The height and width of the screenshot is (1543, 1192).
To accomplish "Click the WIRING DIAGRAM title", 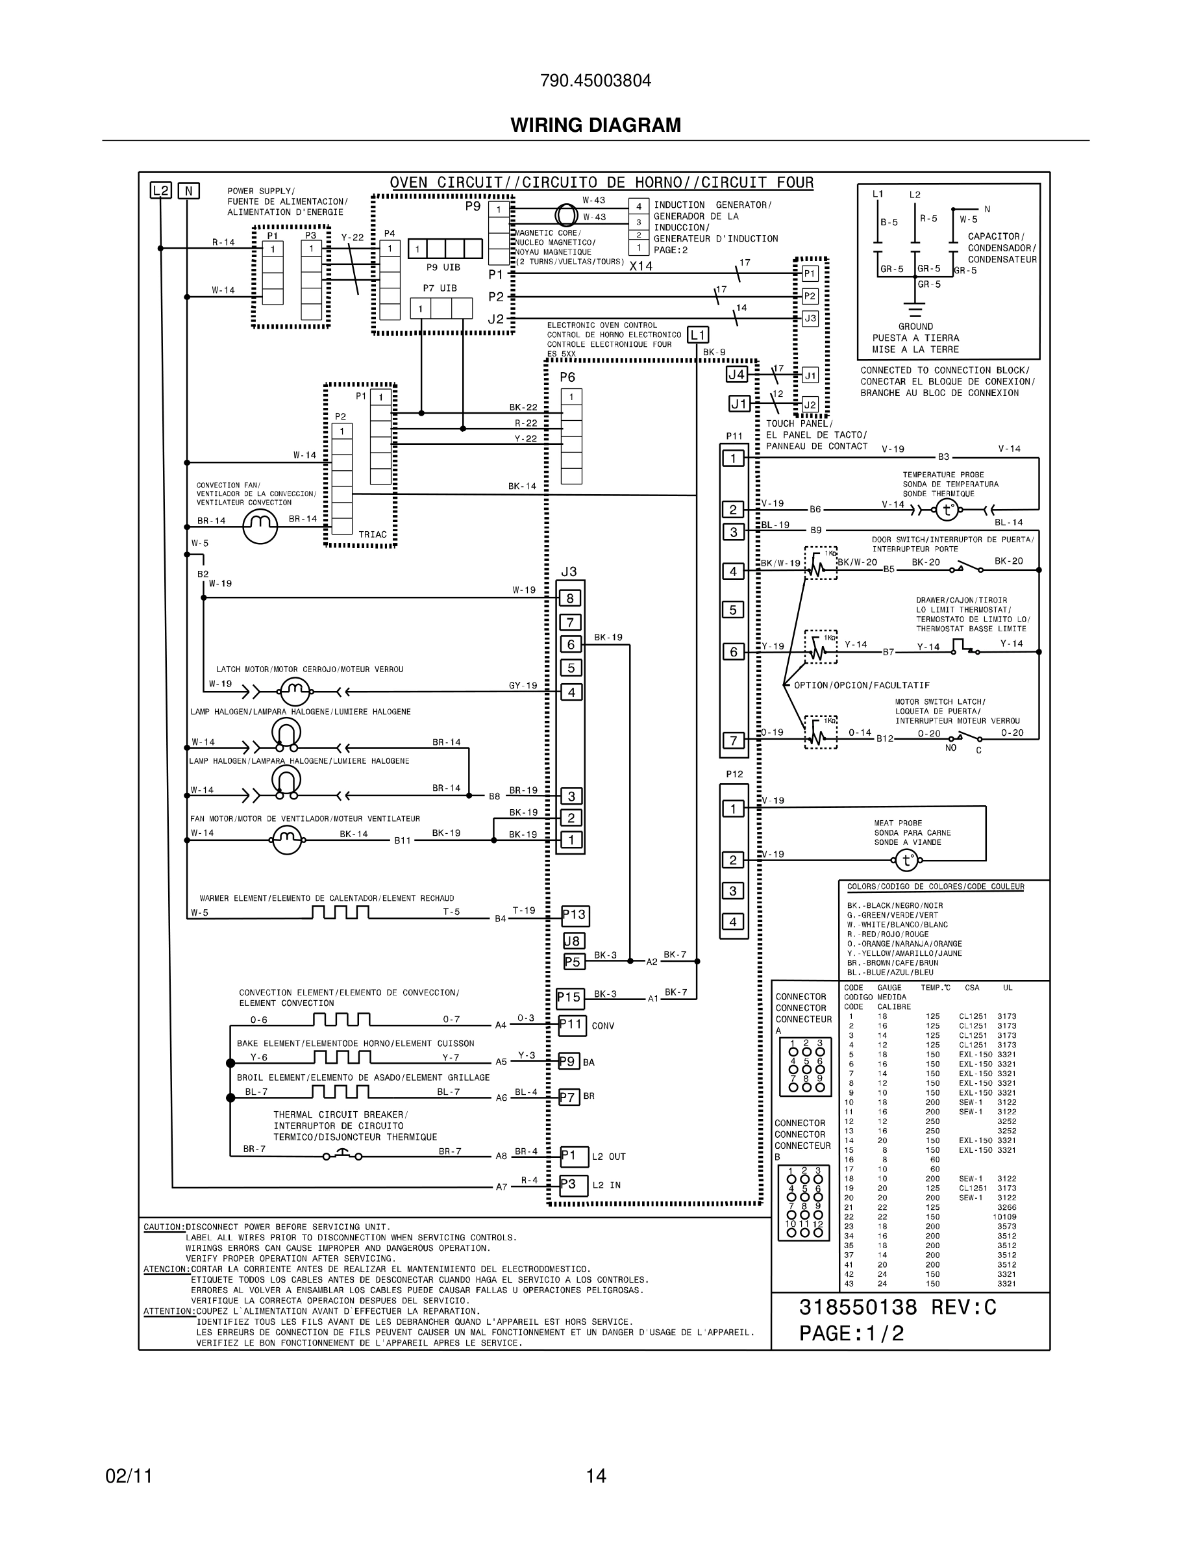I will tap(595, 125).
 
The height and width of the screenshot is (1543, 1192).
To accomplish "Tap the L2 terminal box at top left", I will tap(161, 190).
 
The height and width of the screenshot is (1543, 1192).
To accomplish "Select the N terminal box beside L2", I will tap(188, 191).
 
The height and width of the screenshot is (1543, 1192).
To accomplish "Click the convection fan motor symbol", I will tap(260, 525).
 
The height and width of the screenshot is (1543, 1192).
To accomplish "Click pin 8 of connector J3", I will tap(571, 598).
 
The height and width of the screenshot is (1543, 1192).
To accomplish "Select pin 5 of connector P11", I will tap(733, 610).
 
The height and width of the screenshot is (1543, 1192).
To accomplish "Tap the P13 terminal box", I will tap(575, 916).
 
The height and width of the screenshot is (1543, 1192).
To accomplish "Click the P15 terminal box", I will tap(569, 997).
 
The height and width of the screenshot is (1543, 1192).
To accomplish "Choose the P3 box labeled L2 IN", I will tap(573, 1185).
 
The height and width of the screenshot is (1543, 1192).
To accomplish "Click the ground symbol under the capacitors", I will tap(915, 310).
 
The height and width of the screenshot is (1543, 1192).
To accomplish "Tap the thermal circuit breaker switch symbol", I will tap(343, 1156).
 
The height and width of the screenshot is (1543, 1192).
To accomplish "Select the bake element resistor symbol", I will tap(341, 1058).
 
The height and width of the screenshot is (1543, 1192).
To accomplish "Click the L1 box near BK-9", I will tap(698, 335).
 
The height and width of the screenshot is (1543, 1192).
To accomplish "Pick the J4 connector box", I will tap(736, 375).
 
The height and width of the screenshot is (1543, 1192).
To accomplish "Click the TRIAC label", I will tap(372, 535).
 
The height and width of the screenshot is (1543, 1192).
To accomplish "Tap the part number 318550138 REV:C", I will tap(897, 1308).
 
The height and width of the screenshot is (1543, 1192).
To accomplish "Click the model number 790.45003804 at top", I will tap(595, 81).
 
